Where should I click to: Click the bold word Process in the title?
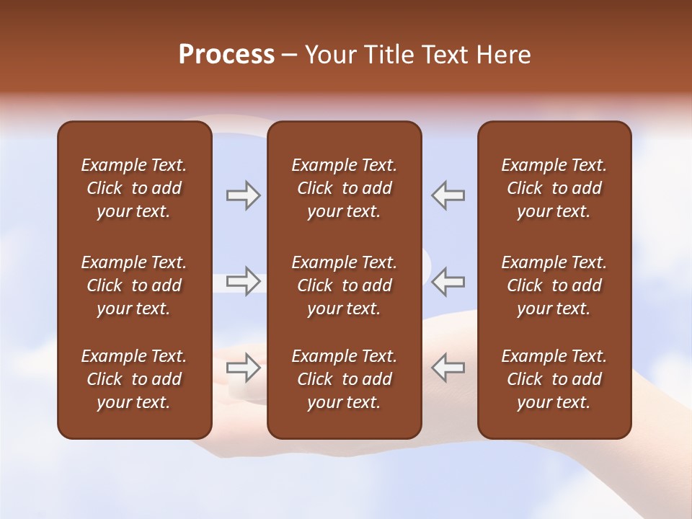click(226, 55)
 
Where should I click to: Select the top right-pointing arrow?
click(243, 195)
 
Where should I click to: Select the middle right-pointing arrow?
click(243, 281)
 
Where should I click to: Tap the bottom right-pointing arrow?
click(243, 368)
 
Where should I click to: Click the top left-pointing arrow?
click(448, 195)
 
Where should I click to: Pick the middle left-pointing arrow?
click(448, 281)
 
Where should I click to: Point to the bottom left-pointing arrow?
click(448, 368)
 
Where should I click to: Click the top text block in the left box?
click(133, 188)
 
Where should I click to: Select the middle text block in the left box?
click(133, 285)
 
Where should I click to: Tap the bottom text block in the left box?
click(133, 379)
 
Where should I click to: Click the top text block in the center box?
click(344, 188)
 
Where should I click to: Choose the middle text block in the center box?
click(344, 285)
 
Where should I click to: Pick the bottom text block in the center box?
click(344, 379)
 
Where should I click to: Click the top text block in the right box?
click(554, 188)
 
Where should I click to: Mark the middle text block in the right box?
click(554, 285)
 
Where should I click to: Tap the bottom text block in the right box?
click(554, 379)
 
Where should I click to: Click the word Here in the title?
click(505, 55)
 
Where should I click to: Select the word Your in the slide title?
click(331, 55)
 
